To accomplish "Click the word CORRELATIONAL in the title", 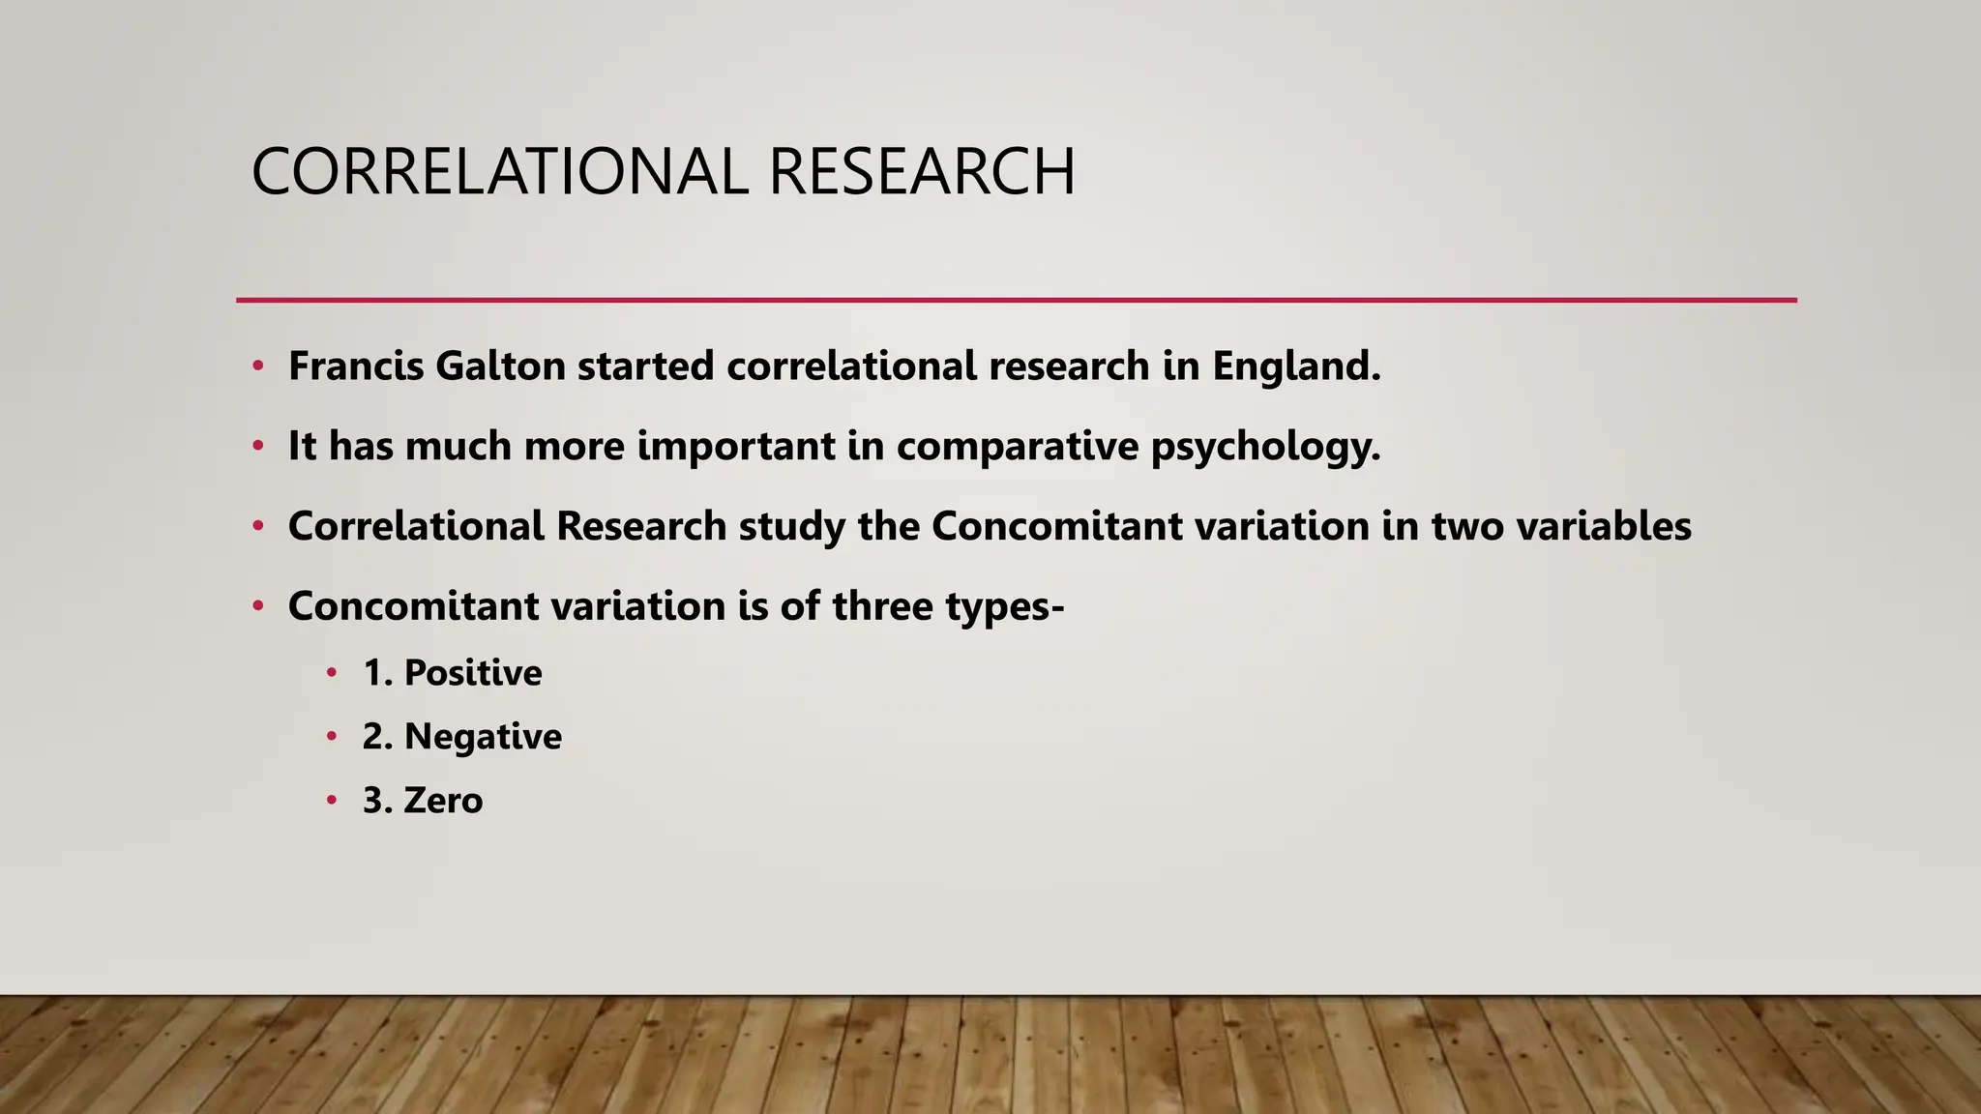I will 499,172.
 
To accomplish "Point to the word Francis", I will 356,366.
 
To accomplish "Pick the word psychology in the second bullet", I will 1265,447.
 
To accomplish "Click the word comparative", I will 1017,446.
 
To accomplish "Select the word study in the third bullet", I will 779,527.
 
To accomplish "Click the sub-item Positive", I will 473,672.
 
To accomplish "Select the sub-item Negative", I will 483,737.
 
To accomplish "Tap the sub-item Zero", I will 443,801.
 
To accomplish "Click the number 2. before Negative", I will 376,737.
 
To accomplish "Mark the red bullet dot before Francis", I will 257,366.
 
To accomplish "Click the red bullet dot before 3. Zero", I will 332,801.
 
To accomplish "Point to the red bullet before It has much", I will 257,447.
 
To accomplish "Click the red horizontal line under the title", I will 1016,300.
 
